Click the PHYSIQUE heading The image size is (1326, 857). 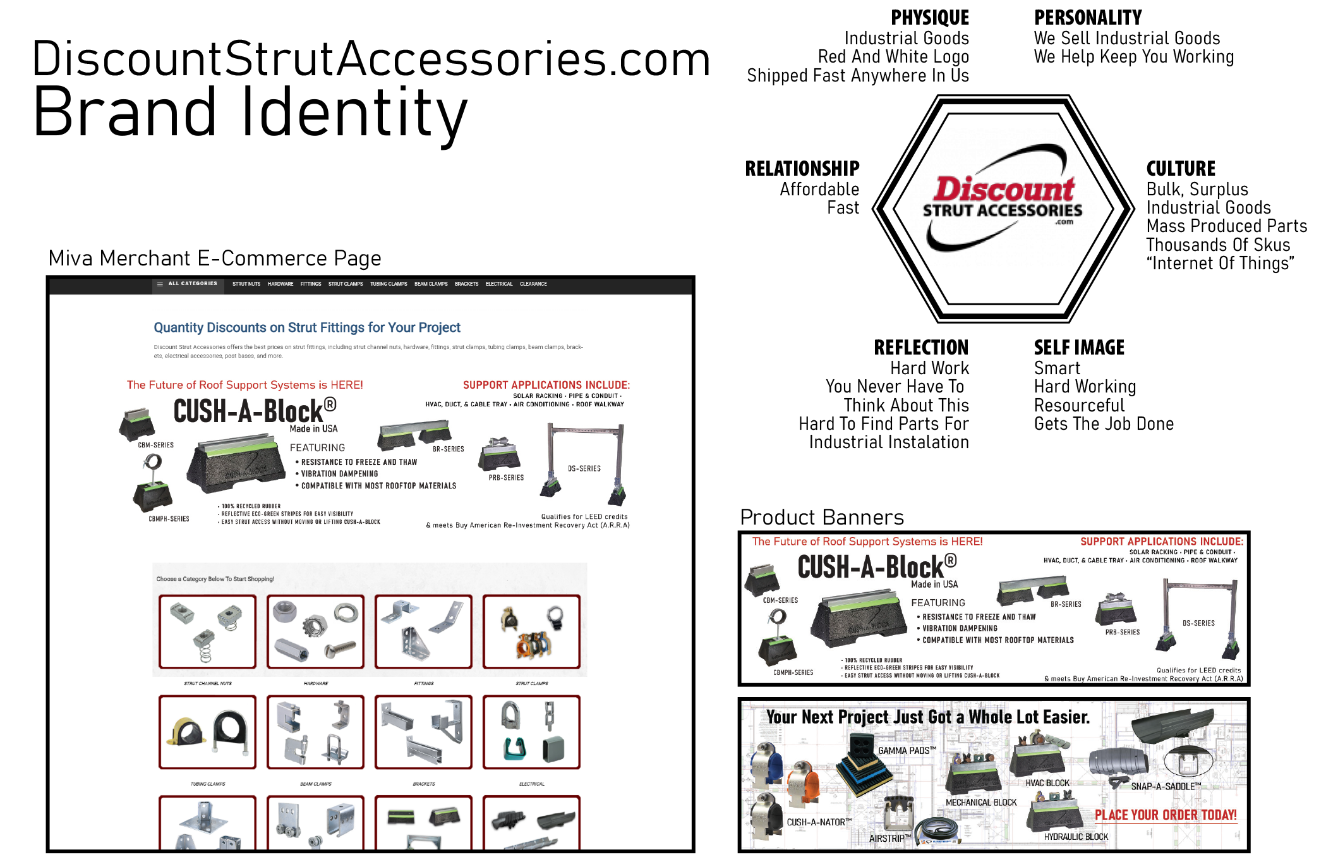[x=929, y=18]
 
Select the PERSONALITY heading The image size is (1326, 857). [x=1087, y=18]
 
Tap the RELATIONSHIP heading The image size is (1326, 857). [x=802, y=169]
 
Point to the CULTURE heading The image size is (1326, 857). [x=1180, y=169]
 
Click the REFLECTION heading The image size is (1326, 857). [x=920, y=348]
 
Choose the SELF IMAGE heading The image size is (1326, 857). [x=1079, y=348]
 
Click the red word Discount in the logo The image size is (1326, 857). [x=1004, y=189]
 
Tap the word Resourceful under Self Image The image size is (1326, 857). [x=1079, y=405]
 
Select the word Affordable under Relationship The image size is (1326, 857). [x=819, y=189]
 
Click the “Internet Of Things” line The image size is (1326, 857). [x=1220, y=264]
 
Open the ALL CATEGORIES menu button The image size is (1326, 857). [x=188, y=284]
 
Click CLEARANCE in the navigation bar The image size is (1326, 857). [x=533, y=284]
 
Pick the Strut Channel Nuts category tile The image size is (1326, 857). [x=207, y=631]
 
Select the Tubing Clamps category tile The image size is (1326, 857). [x=207, y=732]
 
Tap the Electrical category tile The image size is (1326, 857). [x=531, y=732]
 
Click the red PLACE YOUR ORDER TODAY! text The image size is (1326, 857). [x=1166, y=815]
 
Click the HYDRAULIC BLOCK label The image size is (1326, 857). [x=1076, y=837]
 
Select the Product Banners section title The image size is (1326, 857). [x=821, y=517]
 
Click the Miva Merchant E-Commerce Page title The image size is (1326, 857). [x=215, y=258]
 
